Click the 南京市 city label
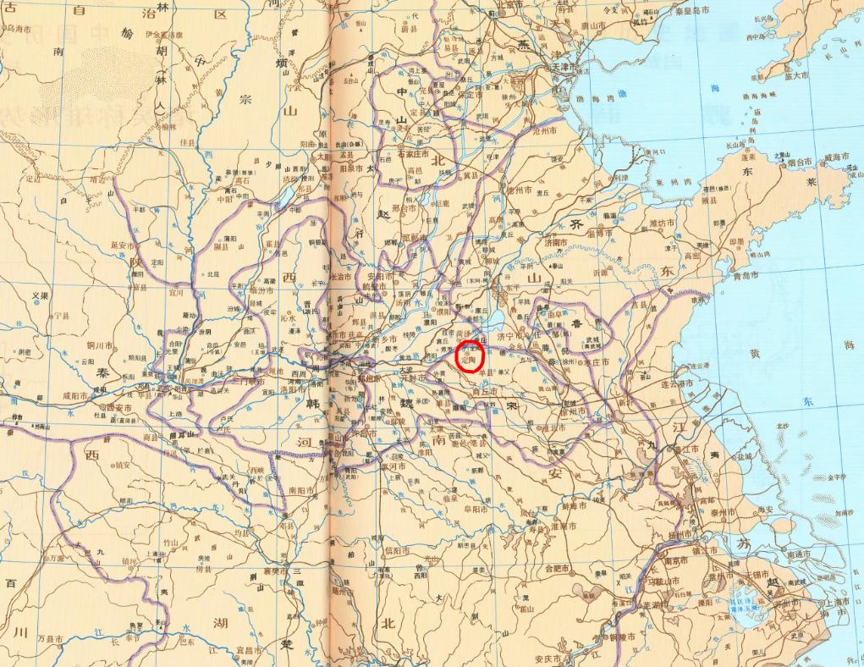tap(674, 560)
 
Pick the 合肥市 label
tap(561, 569)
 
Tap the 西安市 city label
tap(117, 407)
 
